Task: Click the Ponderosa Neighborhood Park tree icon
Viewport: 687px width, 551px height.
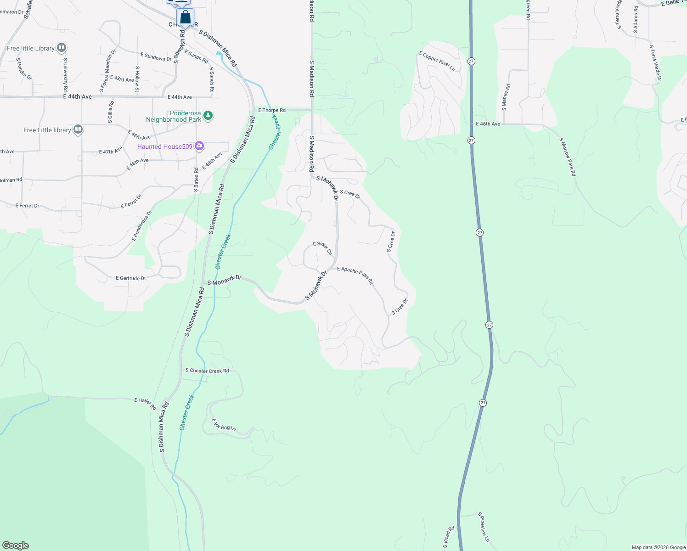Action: pyautogui.click(x=208, y=115)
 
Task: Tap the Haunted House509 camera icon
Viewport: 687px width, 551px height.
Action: pyautogui.click(x=199, y=146)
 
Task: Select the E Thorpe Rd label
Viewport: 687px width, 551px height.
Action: pyautogui.click(x=272, y=110)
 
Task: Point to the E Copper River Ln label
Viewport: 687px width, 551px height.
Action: pyautogui.click(x=437, y=62)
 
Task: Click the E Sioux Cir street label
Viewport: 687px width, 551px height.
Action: pyautogui.click(x=323, y=248)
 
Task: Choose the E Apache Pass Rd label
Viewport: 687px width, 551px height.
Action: pyautogui.click(x=355, y=275)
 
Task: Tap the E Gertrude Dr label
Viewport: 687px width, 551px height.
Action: pyautogui.click(x=131, y=278)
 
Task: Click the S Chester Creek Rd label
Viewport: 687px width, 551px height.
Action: pyautogui.click(x=207, y=371)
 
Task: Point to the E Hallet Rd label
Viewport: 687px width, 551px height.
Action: pyautogui.click(x=145, y=404)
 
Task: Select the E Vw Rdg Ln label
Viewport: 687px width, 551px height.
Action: pyautogui.click(x=224, y=425)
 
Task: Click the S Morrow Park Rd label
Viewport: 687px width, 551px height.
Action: pyautogui.click(x=567, y=157)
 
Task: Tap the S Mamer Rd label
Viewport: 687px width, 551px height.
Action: pyautogui.click(x=506, y=97)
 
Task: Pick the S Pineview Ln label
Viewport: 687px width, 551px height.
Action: pyautogui.click(x=484, y=527)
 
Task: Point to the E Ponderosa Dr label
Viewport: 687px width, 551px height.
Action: pyautogui.click(x=141, y=225)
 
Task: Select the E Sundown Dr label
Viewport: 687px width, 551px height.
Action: pyautogui.click(x=156, y=57)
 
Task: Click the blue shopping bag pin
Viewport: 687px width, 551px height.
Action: pyautogui.click(x=185, y=18)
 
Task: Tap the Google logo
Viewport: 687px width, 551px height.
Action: pyautogui.click(x=15, y=545)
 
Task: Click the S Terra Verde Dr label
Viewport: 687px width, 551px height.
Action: pyautogui.click(x=655, y=63)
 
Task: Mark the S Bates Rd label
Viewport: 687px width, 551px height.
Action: pyautogui.click(x=196, y=180)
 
